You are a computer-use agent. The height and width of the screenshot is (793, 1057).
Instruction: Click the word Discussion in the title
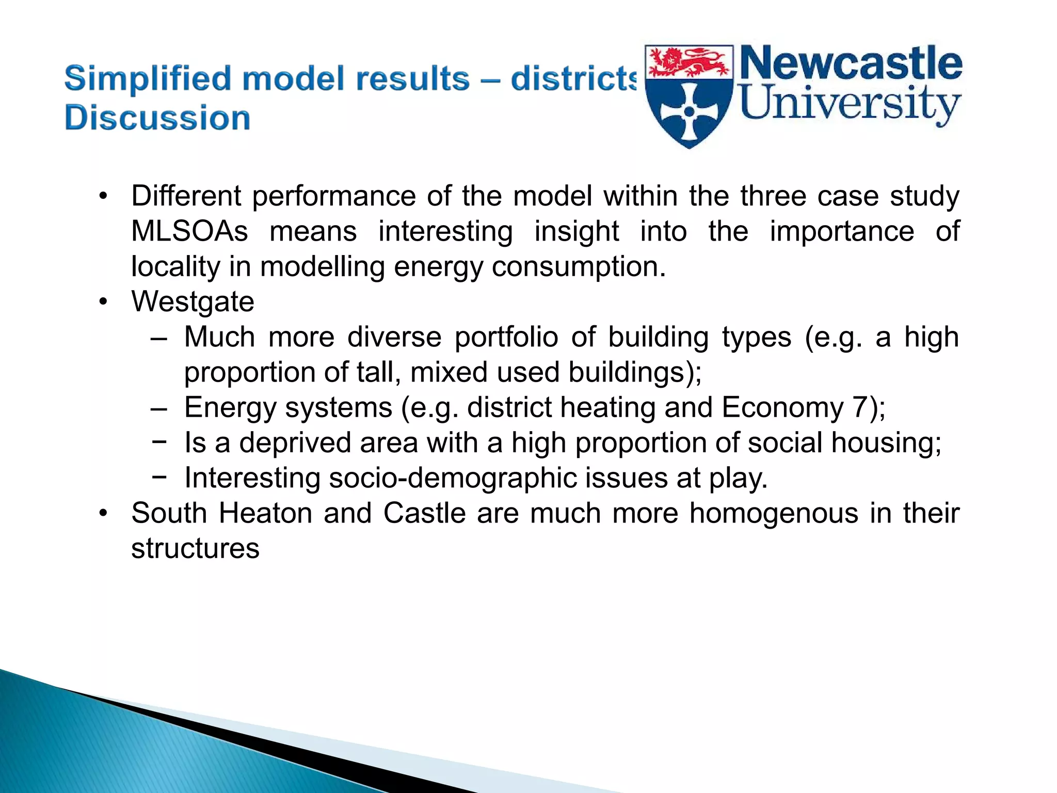[157, 118]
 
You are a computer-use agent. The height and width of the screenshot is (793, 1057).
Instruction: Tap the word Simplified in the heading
[148, 78]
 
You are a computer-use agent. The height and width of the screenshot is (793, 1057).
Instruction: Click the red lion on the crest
[689, 62]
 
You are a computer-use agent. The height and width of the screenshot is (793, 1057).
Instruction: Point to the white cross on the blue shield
[689, 112]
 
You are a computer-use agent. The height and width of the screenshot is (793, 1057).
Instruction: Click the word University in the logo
[850, 103]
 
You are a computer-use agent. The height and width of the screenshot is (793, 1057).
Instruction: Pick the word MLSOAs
[189, 231]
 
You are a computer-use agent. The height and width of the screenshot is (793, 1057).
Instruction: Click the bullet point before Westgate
[104, 302]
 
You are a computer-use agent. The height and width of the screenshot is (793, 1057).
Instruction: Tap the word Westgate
[193, 302]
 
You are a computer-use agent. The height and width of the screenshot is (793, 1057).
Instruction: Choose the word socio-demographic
[453, 478]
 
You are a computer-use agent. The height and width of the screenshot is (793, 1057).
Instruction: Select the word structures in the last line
[195, 548]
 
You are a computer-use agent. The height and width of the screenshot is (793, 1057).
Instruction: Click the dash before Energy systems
[159, 408]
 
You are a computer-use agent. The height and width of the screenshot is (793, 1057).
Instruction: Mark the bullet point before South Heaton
[104, 513]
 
